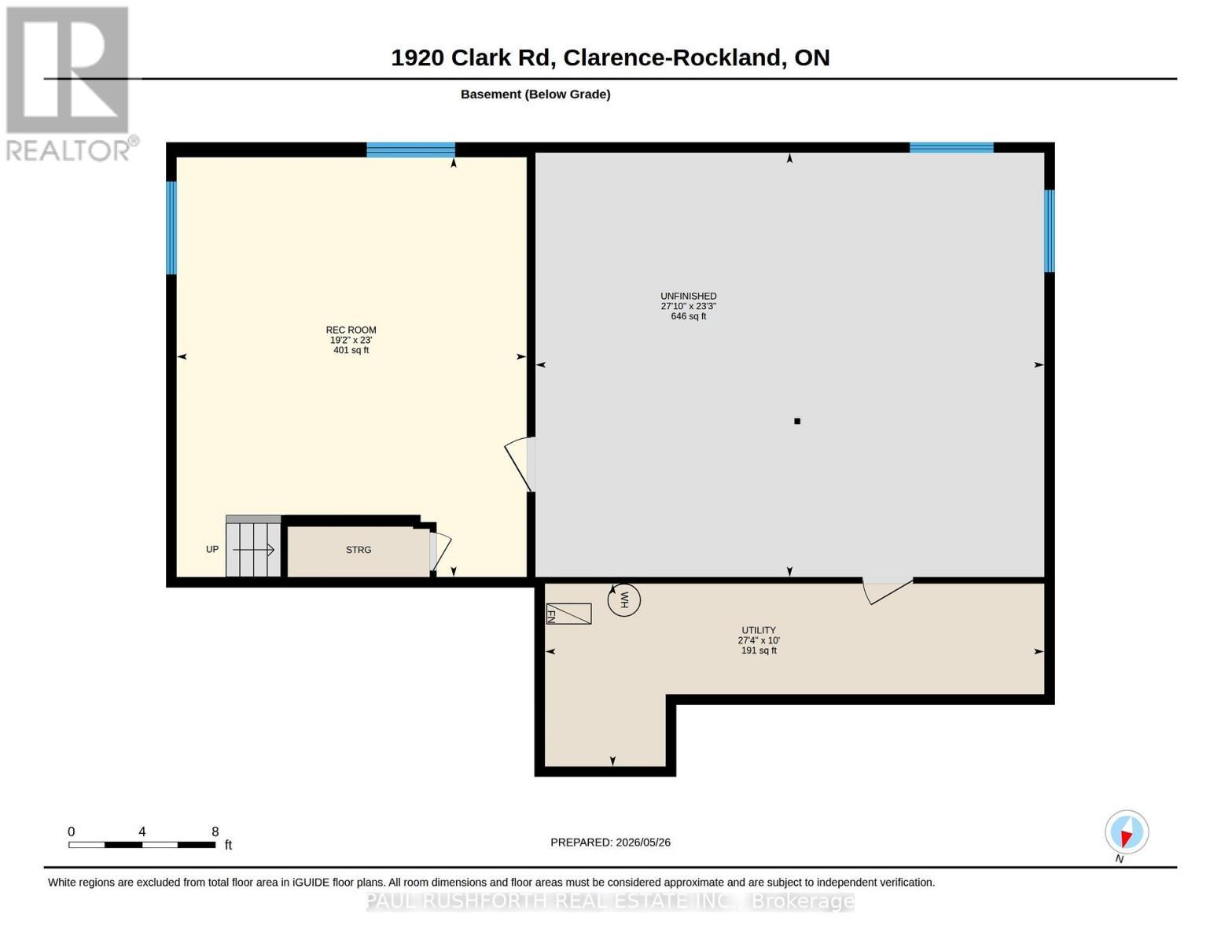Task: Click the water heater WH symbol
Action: (623, 600)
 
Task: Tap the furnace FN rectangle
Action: (568, 614)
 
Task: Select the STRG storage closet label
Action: (359, 550)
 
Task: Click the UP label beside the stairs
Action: (211, 549)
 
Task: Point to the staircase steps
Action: (253, 546)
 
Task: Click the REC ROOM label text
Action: (351, 330)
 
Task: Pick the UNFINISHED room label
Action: (688, 297)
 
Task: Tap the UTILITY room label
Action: (759, 630)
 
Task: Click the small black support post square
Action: (796, 421)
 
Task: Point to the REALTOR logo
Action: (70, 83)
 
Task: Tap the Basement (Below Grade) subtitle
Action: (535, 94)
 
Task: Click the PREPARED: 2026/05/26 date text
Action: (610, 843)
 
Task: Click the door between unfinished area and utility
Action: (888, 590)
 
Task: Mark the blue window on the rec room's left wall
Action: (171, 227)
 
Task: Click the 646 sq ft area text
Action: (688, 316)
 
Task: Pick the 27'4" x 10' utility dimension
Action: (759, 640)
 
